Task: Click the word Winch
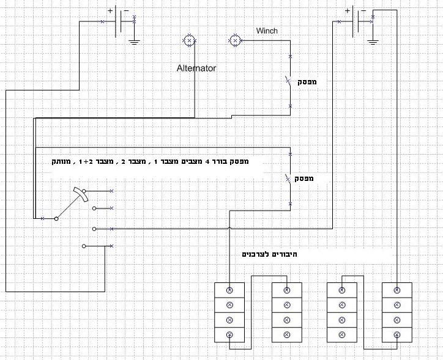(x=267, y=31)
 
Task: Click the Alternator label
(x=196, y=68)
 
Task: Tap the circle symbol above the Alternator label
(x=189, y=41)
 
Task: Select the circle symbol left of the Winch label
(x=234, y=41)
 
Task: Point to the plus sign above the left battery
(x=110, y=10)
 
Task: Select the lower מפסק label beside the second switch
(x=304, y=178)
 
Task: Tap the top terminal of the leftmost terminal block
(x=230, y=290)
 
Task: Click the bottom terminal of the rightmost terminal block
(x=396, y=335)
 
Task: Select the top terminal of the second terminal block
(x=286, y=290)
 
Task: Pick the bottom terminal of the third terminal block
(x=341, y=335)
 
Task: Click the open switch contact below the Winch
(x=288, y=81)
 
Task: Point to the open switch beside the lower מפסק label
(x=288, y=178)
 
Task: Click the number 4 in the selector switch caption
(x=208, y=163)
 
